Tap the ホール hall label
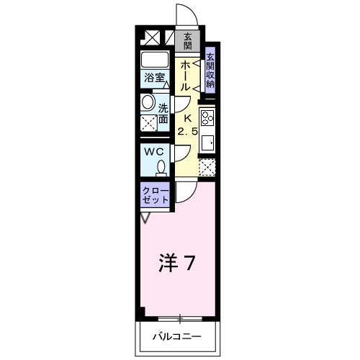pos(186,75)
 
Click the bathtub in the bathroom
pos(154,60)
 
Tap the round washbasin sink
pos(148,102)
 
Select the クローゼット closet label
pos(156,195)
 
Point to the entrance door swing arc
pos(184,16)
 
